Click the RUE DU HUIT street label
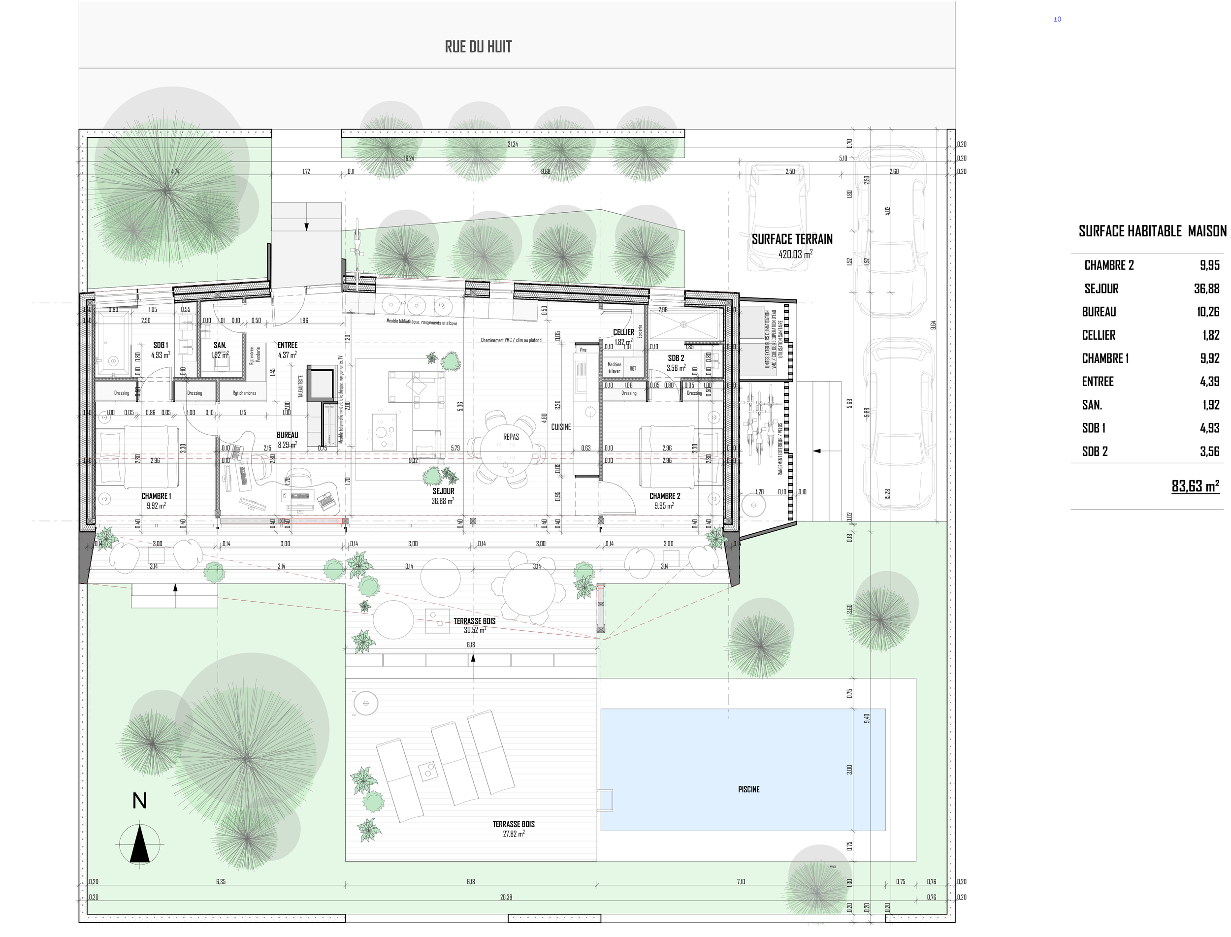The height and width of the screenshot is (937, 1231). pos(478,47)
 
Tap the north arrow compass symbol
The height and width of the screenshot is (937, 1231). pos(140,845)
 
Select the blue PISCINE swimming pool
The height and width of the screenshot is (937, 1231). pos(743,769)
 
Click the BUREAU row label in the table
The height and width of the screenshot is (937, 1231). pos(1099,312)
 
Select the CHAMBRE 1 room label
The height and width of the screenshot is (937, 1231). pos(156,496)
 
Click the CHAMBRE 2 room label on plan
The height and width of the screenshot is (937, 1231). pos(664,496)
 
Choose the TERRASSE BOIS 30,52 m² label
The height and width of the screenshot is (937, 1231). pos(474,625)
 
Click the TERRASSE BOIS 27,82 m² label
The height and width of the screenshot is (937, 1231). pos(513,828)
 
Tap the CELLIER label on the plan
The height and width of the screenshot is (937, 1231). pos(623,332)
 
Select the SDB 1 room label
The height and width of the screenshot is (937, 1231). pos(161,345)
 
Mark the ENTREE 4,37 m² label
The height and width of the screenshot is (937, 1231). pos(287,349)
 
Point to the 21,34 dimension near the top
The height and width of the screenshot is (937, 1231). pos(512,144)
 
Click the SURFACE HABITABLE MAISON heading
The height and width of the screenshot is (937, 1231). pos(1152,231)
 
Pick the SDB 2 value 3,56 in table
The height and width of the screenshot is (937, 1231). pos(1209,451)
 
